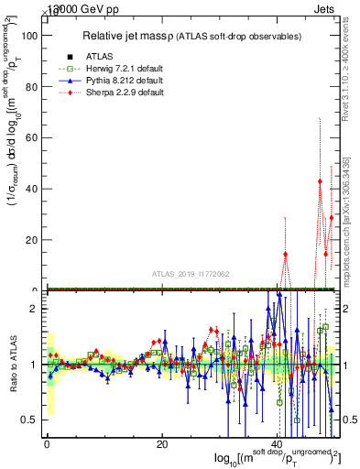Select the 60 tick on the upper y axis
[29, 137]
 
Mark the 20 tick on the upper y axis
[29, 240]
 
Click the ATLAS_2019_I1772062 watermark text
[191, 273]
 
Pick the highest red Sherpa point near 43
[320, 181]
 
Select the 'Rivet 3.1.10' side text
[347, 71]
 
